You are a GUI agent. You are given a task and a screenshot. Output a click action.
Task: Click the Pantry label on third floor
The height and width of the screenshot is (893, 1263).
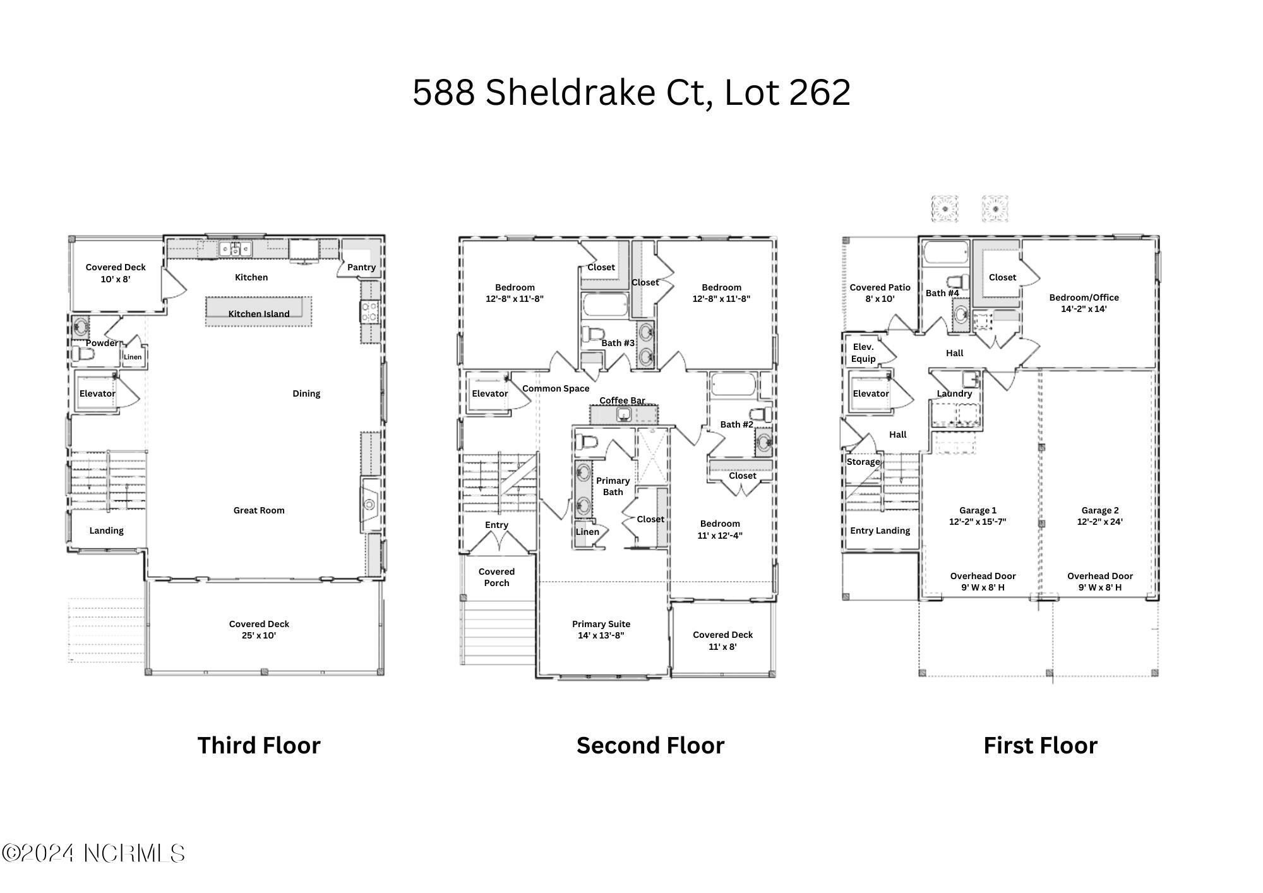[x=361, y=267]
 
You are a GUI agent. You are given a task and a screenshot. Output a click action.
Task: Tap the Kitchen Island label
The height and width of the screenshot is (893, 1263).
[x=258, y=313]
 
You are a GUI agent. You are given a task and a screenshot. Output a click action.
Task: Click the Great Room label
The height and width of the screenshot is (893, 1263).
[x=258, y=510]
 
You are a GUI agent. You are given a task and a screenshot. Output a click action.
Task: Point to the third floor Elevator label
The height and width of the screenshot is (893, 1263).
[x=97, y=393]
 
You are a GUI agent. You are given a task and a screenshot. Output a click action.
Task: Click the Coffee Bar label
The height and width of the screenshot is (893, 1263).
[x=622, y=400]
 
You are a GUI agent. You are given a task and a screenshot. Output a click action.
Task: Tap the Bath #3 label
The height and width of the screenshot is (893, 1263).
[x=617, y=343]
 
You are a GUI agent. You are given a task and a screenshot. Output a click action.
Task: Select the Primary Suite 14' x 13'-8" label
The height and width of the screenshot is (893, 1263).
[x=601, y=630]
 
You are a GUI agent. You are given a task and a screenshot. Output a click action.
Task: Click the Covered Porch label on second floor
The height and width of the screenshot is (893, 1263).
[x=496, y=577]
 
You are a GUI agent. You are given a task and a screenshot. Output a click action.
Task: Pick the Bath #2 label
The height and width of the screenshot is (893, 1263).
[x=736, y=424]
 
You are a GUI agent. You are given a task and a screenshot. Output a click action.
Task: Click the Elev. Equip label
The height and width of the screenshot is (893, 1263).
[x=863, y=353]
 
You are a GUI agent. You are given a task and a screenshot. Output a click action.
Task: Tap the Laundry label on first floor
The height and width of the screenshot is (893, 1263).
[x=954, y=393]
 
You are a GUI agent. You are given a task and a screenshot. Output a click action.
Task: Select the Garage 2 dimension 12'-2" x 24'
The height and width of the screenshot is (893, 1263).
[x=1099, y=522]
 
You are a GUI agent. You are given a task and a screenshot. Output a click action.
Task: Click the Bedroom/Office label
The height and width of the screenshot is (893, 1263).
[x=1084, y=297]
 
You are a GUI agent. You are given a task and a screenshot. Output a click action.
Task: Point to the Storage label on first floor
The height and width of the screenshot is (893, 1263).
[x=863, y=462]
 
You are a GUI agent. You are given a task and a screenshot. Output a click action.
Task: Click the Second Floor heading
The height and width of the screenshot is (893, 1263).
[x=650, y=745]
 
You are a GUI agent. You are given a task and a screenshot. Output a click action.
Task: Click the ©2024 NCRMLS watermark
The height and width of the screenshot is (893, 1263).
[x=93, y=854]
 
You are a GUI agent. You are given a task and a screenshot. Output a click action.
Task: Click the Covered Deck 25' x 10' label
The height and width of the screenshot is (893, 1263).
[x=259, y=630]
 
